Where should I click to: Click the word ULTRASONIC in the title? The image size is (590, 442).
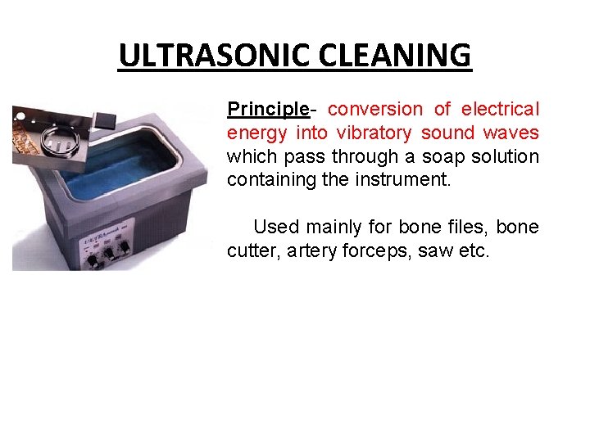click(212, 56)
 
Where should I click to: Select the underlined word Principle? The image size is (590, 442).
click(267, 110)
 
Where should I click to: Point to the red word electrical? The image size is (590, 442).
click(500, 110)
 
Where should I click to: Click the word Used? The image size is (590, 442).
click(276, 227)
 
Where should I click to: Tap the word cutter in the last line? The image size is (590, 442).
click(252, 250)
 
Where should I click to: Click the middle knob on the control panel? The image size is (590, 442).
click(109, 250)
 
